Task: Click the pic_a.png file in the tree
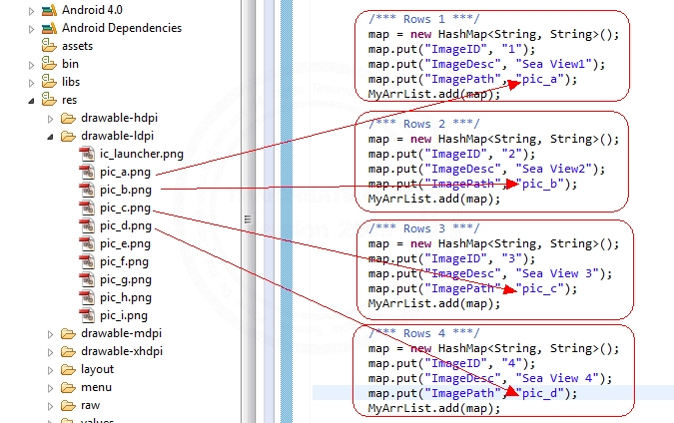(125, 172)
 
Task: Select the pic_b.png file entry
(125, 190)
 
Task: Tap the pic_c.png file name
(125, 208)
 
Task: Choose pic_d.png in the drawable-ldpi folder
(125, 225)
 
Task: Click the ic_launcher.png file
(141, 154)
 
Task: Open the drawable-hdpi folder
(119, 118)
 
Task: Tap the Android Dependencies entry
(122, 28)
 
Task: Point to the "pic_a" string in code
(543, 79)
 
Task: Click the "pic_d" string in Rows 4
(543, 394)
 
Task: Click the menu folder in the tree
(96, 387)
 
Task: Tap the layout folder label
(98, 369)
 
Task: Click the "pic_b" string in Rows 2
(543, 184)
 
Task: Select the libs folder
(72, 82)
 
